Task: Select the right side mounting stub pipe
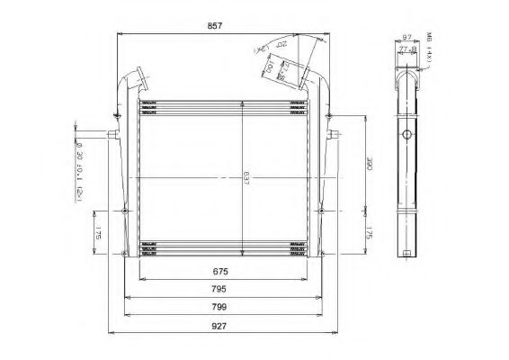[x=334, y=137]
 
